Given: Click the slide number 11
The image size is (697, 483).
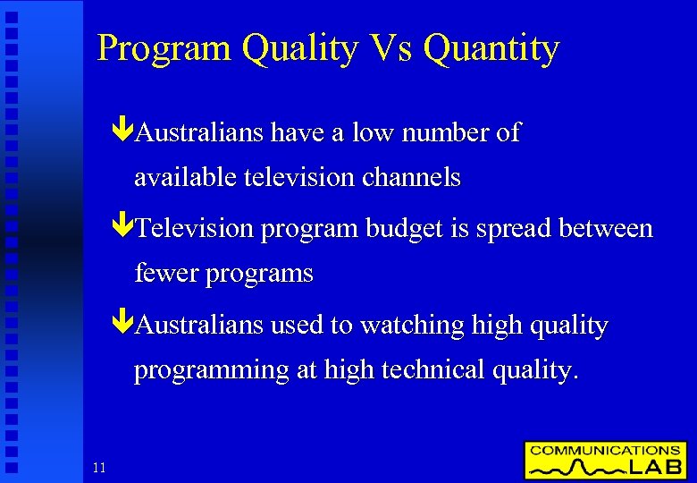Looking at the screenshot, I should [x=98, y=467].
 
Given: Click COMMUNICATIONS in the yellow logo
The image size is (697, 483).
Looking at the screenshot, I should [x=604, y=450].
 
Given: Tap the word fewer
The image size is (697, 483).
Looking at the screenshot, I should [x=166, y=274].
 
